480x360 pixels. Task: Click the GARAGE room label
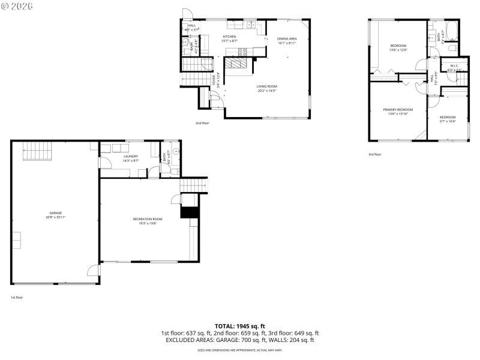(55, 212)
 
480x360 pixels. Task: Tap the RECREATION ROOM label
(148, 219)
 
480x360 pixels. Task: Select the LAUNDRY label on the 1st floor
(131, 157)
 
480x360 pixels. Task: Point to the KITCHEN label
(229, 37)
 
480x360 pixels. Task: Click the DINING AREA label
(287, 39)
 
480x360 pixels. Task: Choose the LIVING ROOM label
(267, 86)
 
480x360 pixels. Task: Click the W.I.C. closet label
(454, 67)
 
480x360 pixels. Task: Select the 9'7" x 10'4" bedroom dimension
(448, 121)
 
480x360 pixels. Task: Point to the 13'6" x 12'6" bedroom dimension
(398, 50)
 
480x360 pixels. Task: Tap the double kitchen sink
(251, 25)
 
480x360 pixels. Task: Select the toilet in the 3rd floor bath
(453, 47)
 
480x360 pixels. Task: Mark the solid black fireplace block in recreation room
(189, 212)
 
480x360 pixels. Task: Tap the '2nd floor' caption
(202, 123)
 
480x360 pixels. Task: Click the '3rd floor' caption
(374, 154)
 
